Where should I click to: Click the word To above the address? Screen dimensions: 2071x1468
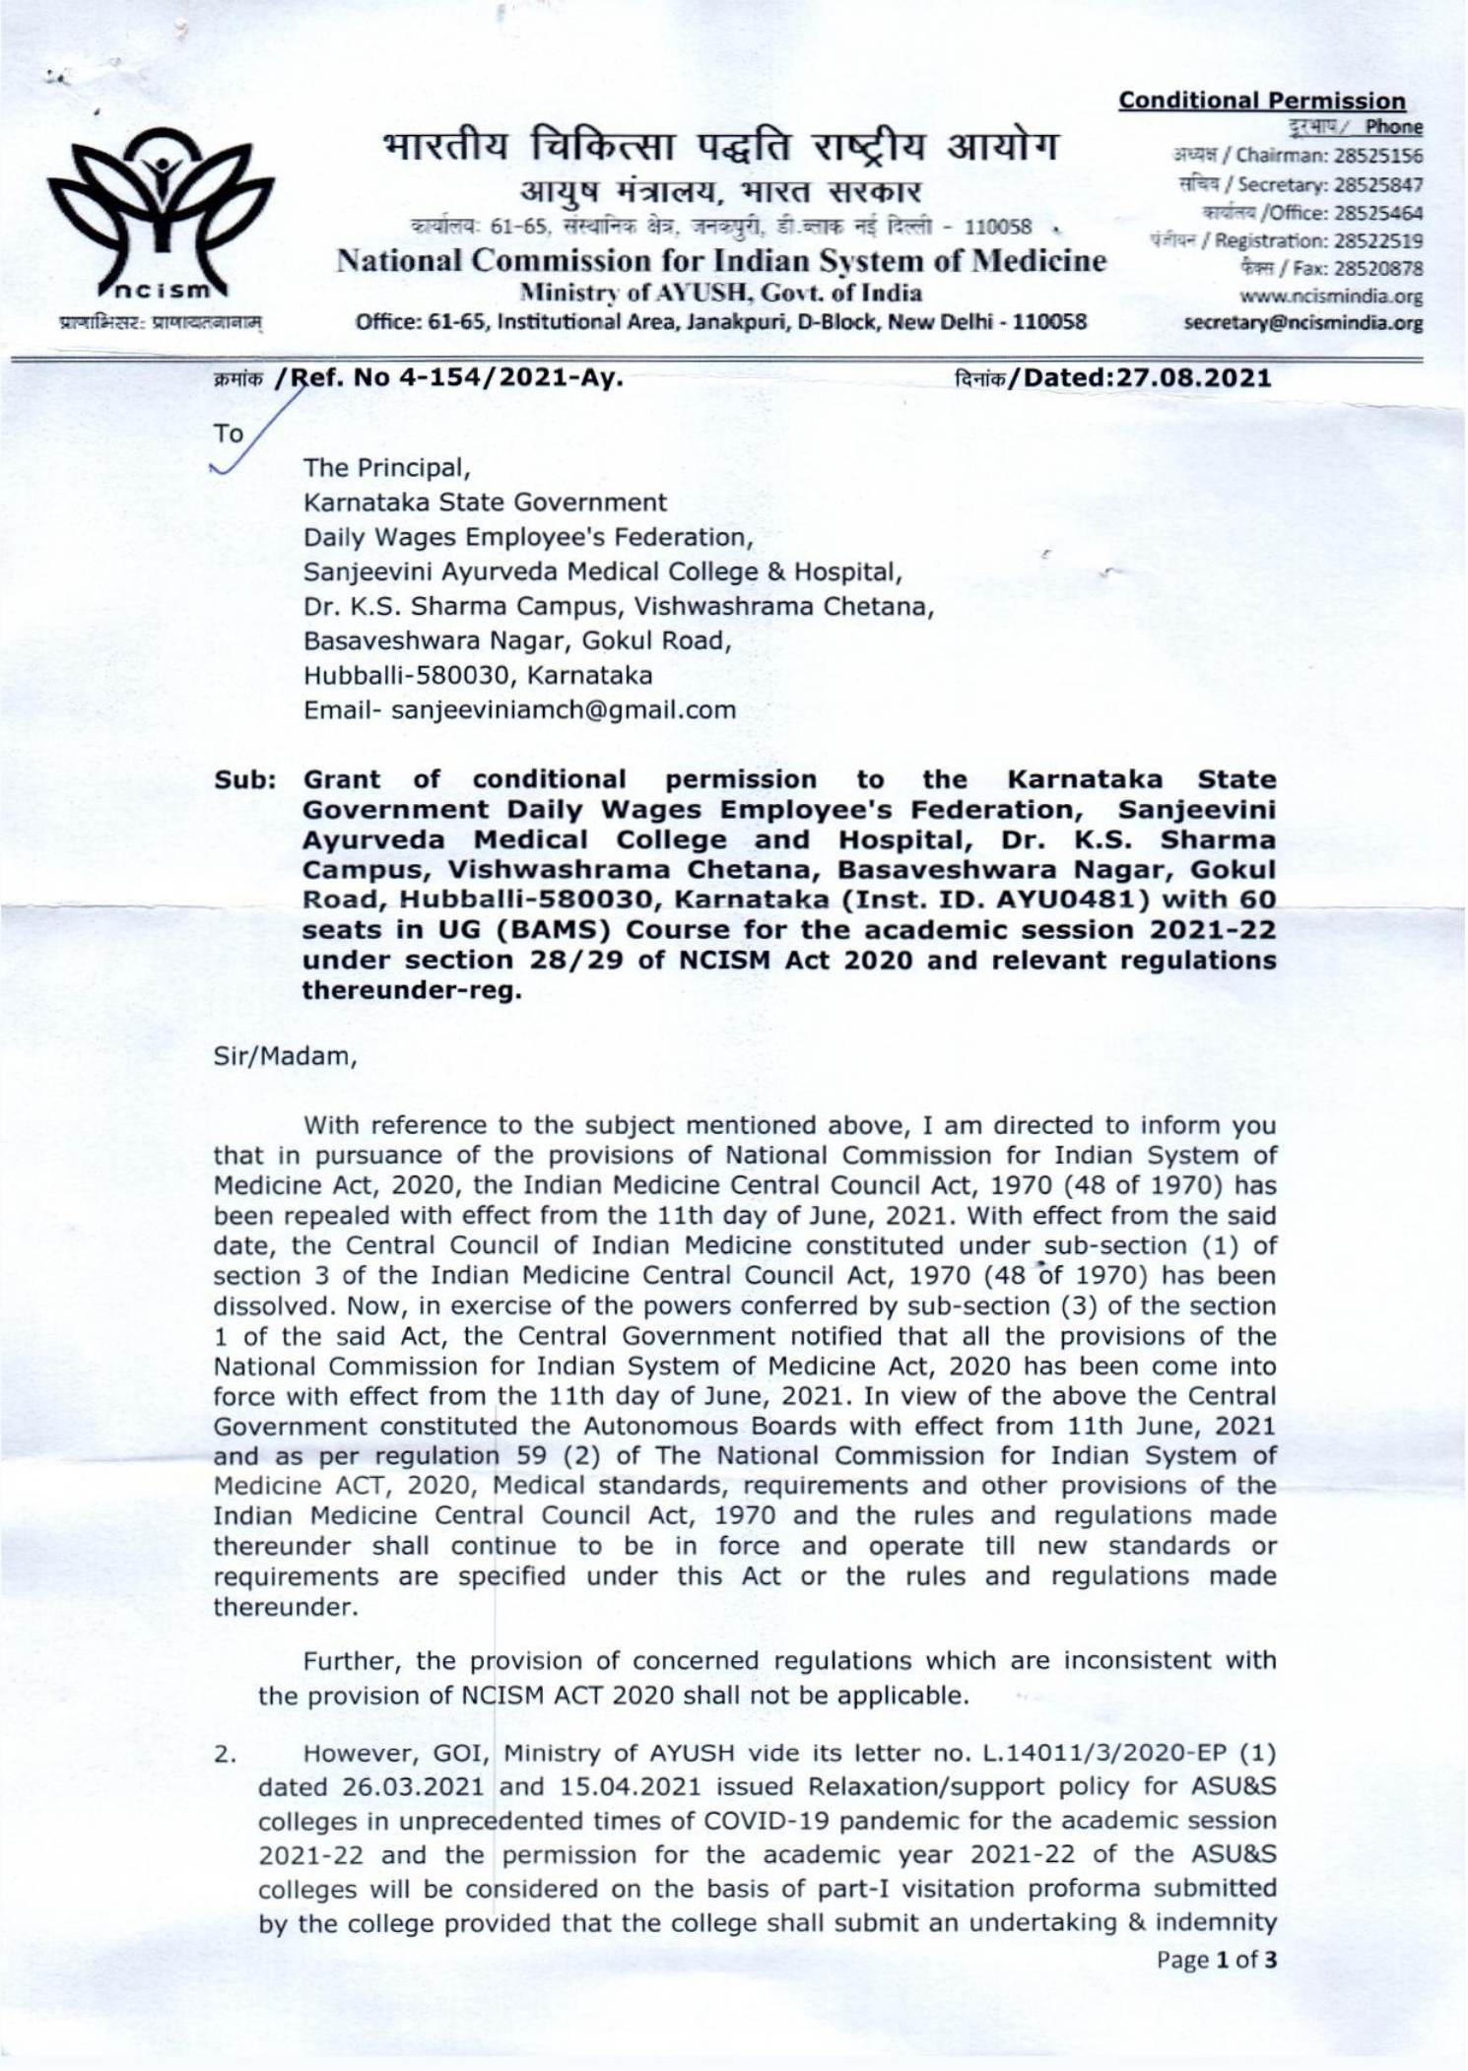229,434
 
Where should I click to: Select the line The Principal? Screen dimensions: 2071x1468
382,467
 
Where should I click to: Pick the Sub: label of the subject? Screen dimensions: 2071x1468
243,779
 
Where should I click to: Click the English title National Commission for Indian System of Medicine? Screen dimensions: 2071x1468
721,262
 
